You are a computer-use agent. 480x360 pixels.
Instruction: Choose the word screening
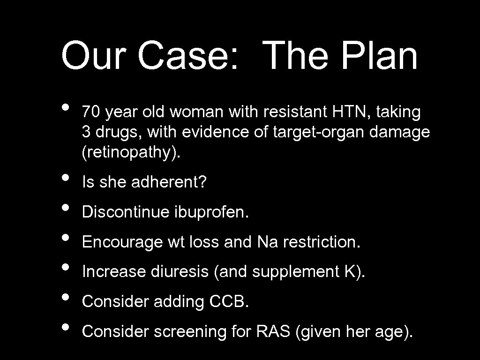coord(191,331)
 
